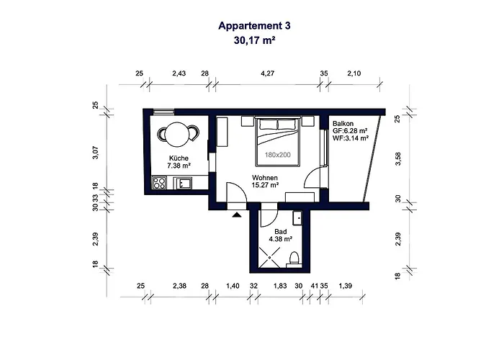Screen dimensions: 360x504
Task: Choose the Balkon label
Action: coord(343,123)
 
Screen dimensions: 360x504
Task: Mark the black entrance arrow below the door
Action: coord(236,214)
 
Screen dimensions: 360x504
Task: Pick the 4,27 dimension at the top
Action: coord(268,73)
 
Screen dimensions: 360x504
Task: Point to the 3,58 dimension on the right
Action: coord(397,158)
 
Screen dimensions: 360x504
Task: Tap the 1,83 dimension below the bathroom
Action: coord(280,287)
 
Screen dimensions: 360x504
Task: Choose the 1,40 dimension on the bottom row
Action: coord(233,287)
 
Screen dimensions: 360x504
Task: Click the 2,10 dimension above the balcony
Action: coord(354,73)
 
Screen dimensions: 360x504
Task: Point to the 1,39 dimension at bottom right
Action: coord(346,287)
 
